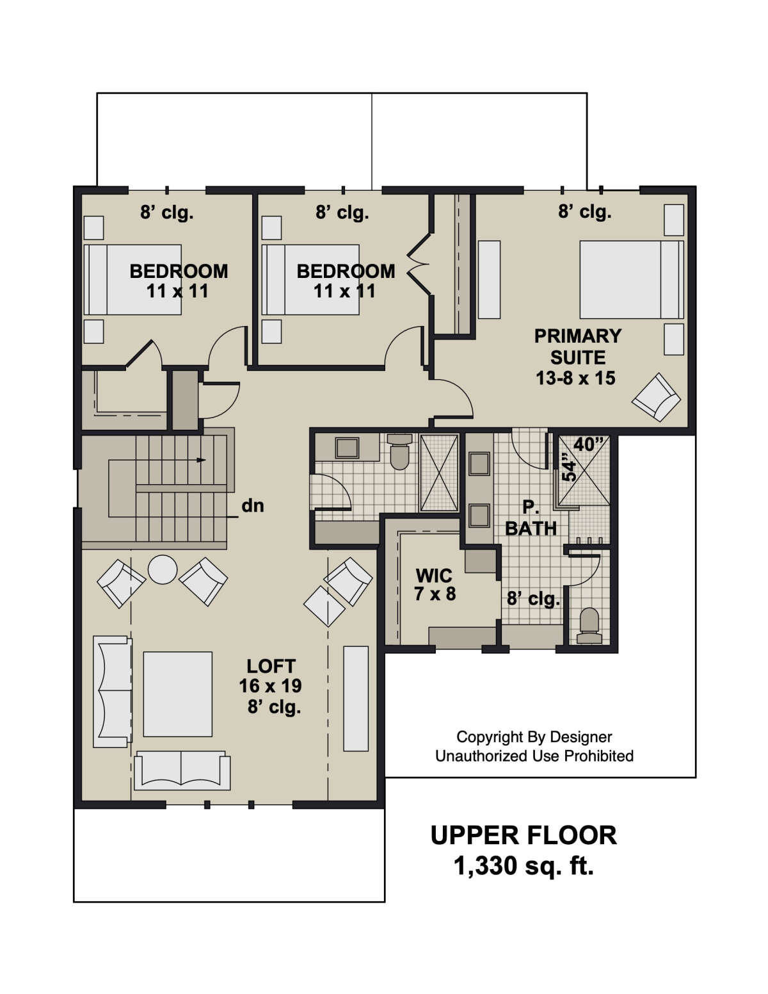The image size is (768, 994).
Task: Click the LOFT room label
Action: coord(271,666)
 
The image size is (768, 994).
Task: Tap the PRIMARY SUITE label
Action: coord(577,346)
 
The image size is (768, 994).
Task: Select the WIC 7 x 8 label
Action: coord(435,584)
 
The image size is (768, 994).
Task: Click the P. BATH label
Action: coord(531,518)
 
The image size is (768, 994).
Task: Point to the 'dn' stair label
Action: coord(253,506)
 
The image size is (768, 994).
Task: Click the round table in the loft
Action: coord(162,569)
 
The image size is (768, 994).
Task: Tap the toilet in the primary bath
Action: coord(589,625)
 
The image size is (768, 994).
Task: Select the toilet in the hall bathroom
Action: coord(400,452)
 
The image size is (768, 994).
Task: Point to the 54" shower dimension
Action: coord(569,467)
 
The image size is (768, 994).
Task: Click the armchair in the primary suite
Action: coord(656,397)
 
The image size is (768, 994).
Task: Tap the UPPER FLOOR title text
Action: coord(524,835)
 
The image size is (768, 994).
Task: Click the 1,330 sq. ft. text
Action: coord(524,866)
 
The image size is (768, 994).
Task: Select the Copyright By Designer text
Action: coord(534,737)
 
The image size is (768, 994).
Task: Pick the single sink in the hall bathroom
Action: coord(348,448)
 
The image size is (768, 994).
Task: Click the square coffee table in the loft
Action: coord(178,694)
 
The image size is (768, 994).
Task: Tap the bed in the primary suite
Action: coord(632,279)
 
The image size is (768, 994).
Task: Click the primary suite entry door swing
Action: coord(453,398)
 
